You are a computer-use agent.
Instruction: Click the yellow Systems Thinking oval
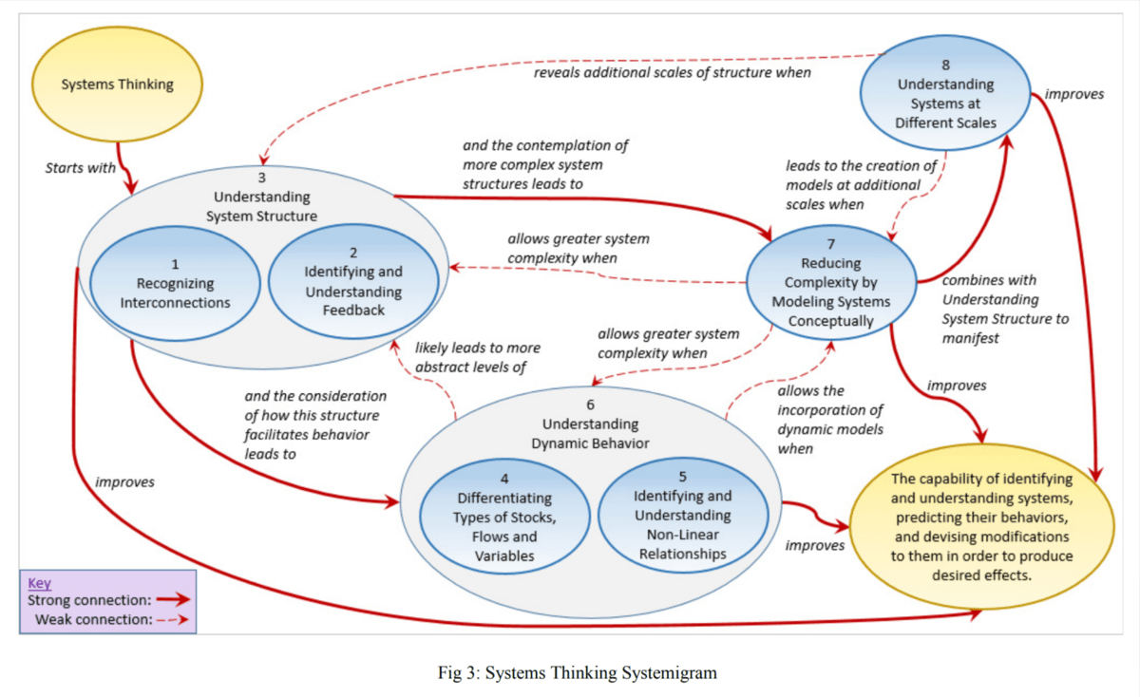118,84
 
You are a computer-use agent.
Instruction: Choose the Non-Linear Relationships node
681,515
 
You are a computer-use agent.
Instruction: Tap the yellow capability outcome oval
981,527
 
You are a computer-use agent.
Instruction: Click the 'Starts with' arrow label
80,168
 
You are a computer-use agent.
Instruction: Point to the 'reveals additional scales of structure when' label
672,72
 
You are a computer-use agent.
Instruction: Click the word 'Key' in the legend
39,583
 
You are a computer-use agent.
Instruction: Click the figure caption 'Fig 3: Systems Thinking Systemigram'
577,672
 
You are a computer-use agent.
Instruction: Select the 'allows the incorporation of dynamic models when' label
829,419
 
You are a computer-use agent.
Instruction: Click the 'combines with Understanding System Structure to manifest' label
1004,309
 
